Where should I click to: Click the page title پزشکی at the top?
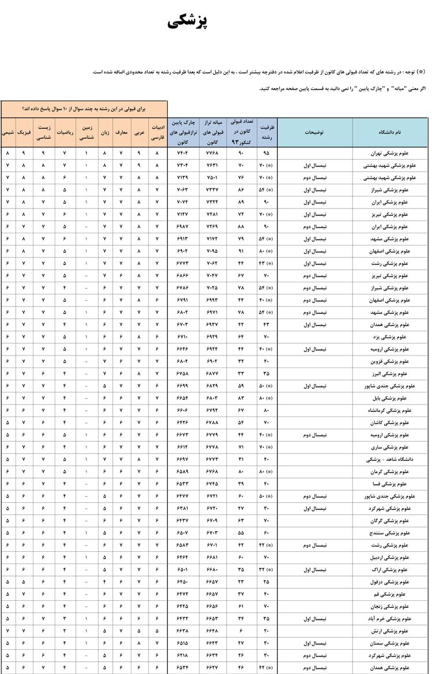point(188,22)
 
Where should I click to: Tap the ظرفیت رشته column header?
point(266,132)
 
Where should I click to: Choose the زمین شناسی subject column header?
point(86,132)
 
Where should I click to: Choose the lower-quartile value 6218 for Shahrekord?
point(183,655)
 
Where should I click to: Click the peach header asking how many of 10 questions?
point(84,108)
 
